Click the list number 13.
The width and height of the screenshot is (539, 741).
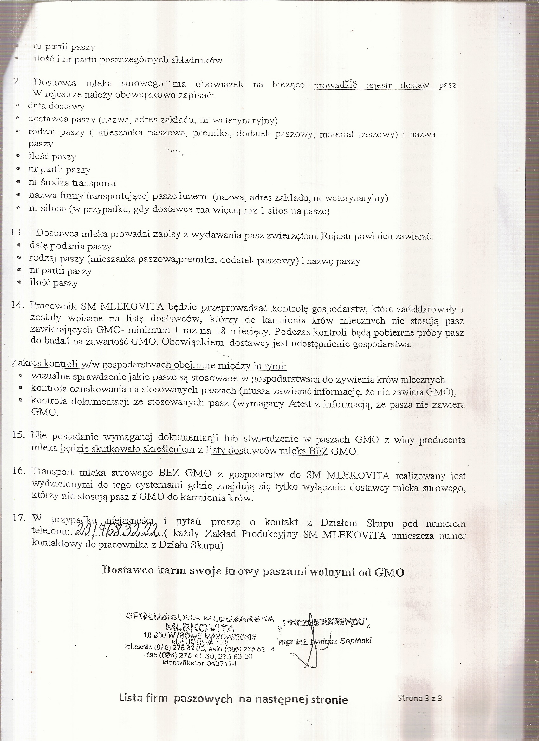[x=17, y=233]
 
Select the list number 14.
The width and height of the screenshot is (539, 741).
[x=18, y=305]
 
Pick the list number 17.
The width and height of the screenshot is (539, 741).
[x=19, y=518]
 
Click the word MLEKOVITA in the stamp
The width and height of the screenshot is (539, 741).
[x=200, y=628]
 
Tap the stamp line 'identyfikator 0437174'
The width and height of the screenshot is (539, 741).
[x=199, y=663]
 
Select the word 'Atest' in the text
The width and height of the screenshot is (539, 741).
[x=299, y=404]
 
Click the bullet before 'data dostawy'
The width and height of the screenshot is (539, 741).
[x=18, y=105]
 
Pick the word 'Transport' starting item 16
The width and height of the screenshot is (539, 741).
[x=53, y=472]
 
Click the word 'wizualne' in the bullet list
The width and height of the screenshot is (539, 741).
[x=50, y=377]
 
